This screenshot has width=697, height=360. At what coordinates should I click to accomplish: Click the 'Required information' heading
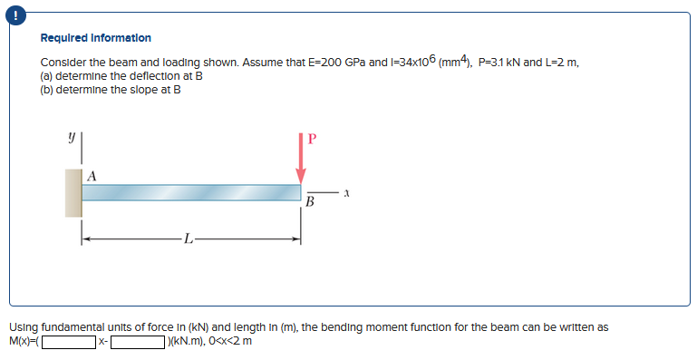96,38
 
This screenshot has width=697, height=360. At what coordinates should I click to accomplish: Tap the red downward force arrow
301,160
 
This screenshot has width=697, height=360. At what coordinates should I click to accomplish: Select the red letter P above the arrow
313,140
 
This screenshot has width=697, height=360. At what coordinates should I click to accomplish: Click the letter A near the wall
92,175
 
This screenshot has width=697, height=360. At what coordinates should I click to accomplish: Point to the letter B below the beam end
310,202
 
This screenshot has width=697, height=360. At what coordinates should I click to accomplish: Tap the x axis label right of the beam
346,193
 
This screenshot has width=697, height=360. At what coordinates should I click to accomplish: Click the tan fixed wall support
73,192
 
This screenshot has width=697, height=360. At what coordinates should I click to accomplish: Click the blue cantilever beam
191,193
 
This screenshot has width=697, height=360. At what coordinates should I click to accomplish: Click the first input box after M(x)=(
69,342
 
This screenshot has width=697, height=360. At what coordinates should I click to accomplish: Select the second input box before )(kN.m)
138,342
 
